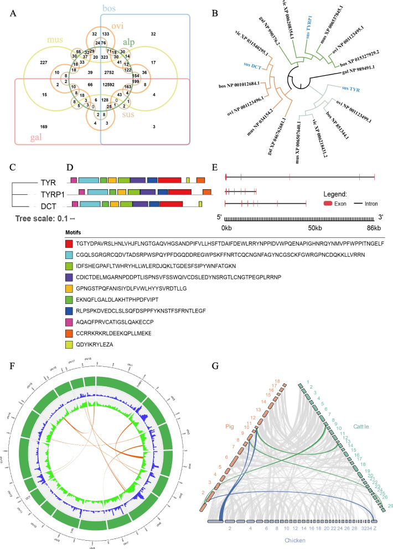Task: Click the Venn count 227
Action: pos(44,62)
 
